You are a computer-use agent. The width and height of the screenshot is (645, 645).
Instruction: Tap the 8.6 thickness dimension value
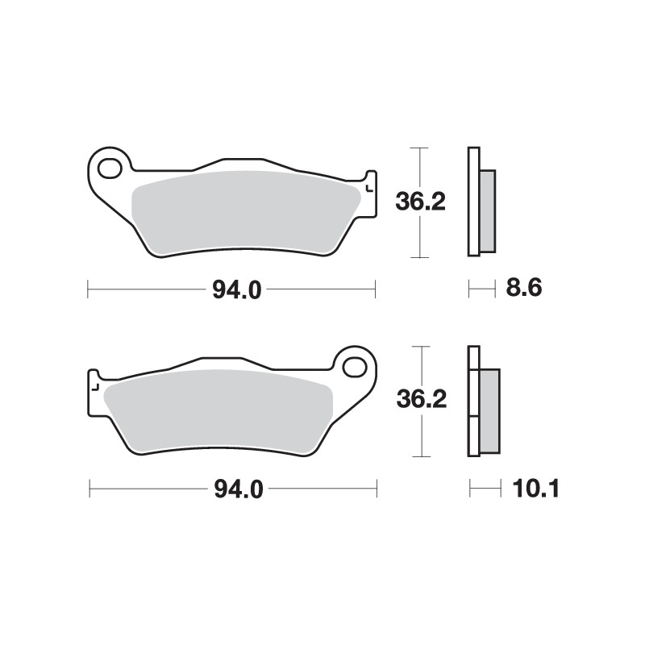pos(522,287)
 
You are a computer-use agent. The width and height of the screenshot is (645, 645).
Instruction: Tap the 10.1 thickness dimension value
pos(528,488)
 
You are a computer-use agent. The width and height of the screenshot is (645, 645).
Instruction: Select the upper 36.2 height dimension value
pos(420,202)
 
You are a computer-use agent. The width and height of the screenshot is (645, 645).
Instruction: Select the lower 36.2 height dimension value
pos(421,401)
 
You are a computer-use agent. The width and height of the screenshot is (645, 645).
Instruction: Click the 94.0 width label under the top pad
pos(237,289)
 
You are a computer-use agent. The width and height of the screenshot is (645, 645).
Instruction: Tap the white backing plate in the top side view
pos(473,202)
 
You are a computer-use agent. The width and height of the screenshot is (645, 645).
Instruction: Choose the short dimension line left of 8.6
pos(481,286)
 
